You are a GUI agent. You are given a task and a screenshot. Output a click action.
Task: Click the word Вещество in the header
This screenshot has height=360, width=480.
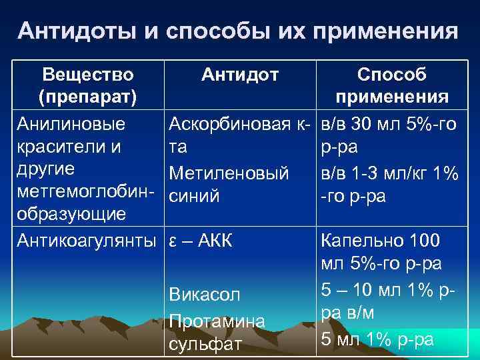pos(88,74)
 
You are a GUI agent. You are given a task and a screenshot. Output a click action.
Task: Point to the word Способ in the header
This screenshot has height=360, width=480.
pos(392,74)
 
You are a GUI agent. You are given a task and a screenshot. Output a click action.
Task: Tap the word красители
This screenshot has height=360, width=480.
pos(61,147)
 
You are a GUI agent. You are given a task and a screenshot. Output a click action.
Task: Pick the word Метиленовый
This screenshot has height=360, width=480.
pos(229,173)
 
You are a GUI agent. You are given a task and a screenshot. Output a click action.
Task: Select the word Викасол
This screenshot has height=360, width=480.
pos(204,295)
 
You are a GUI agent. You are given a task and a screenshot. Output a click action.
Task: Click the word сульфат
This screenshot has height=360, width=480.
pos(203,345)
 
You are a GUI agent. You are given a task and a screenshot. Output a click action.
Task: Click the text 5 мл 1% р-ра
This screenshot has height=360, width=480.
pos(377,339)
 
